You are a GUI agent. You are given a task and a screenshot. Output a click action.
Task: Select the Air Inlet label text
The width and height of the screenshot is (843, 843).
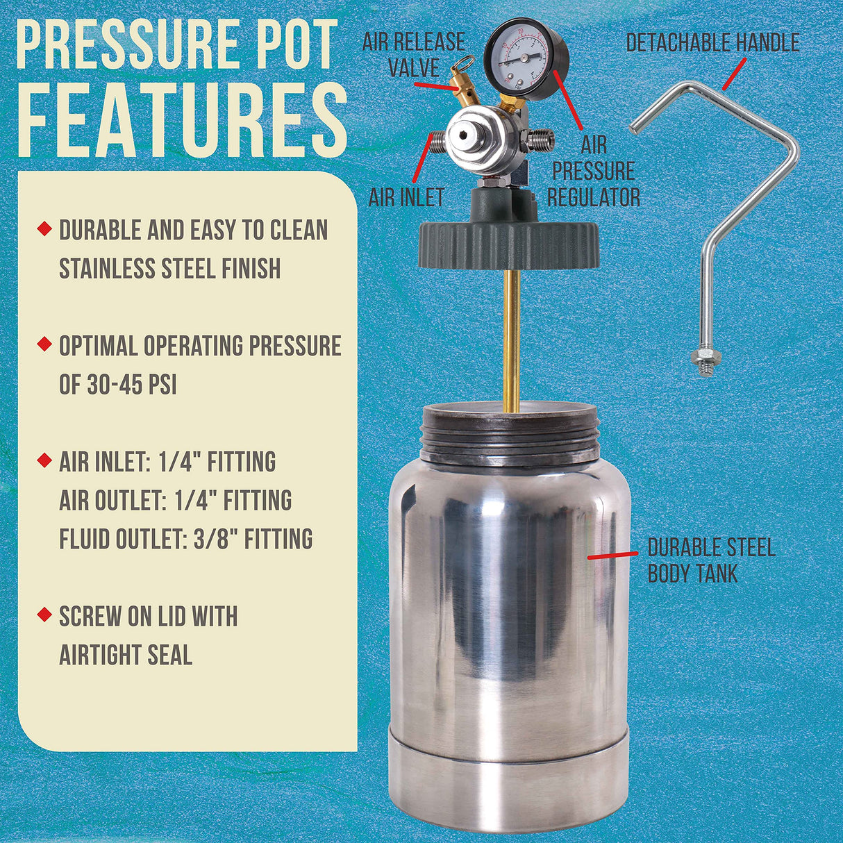[406, 197]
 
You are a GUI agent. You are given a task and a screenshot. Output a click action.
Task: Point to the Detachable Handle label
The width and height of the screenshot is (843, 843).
[712, 43]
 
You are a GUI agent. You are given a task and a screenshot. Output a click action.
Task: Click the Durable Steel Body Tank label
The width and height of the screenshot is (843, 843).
[710, 560]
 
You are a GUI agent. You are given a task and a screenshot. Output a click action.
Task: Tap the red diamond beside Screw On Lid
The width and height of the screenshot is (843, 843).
[44, 614]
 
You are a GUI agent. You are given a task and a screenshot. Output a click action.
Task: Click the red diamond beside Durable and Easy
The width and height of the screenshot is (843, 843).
[44, 228]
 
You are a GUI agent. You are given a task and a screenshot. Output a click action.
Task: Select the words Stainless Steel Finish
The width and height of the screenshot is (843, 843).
[169, 268]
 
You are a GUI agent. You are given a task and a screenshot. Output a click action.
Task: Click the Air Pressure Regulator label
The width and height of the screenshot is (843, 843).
[593, 172]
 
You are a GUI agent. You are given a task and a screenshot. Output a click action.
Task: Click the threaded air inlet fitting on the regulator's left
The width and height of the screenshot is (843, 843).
[437, 144]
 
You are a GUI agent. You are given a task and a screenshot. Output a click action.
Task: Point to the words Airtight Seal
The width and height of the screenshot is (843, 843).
[125, 654]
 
